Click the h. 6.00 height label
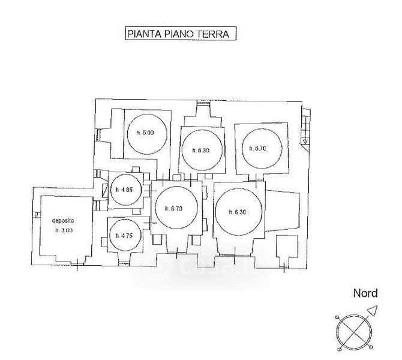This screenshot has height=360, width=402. tap(145, 133)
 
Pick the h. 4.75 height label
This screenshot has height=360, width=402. tap(124, 236)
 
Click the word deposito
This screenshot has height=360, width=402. tap(62, 220)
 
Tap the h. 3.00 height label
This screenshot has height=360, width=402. tap(62, 230)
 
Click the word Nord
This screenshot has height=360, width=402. tap(365, 294)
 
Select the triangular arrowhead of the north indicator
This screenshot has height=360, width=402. tap(373, 310)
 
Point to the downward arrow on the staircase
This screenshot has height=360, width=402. tap(305, 140)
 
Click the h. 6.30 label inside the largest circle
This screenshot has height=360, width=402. tap(238, 212)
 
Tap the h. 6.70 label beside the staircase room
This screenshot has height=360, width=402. tap(257, 148)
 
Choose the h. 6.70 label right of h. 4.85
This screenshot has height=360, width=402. tap(173, 208)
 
